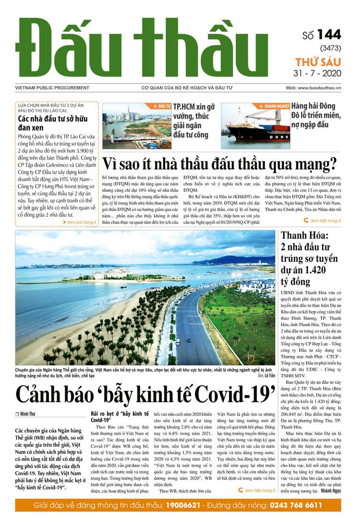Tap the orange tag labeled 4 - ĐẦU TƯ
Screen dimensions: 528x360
(x=162, y=106)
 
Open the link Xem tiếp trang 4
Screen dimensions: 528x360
(x=325, y=221)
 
